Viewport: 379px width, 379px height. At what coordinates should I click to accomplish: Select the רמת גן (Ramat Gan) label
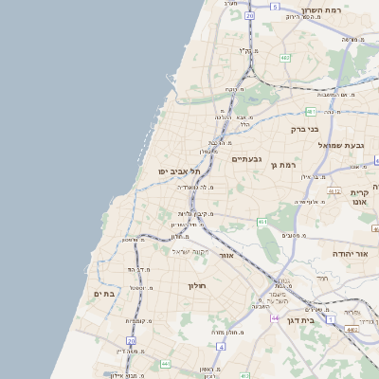point(284,166)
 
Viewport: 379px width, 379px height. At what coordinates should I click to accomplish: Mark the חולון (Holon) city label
point(197,285)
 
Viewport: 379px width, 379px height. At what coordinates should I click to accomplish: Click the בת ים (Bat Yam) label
point(104,295)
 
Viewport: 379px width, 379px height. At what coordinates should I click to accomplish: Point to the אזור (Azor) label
point(226,255)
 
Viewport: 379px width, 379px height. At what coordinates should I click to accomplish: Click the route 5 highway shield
point(275,6)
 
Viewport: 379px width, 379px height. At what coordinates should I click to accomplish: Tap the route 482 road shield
point(284,58)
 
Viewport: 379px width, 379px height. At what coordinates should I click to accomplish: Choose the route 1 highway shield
point(331,319)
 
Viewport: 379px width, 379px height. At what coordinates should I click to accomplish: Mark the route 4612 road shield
point(334,190)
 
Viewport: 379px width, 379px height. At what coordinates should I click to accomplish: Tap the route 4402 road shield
point(352,330)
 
